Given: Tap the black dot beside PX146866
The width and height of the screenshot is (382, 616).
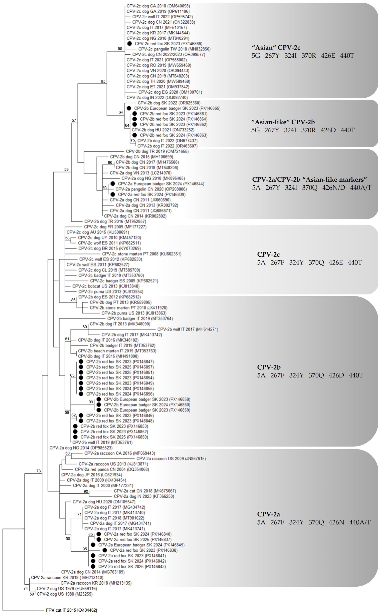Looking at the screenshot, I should [130, 44].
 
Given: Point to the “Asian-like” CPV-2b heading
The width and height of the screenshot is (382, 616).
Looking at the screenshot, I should [283, 122].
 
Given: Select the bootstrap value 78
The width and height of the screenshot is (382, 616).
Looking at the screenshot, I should [38, 471].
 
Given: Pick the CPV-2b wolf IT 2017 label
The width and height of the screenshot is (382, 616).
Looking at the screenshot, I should [188, 329].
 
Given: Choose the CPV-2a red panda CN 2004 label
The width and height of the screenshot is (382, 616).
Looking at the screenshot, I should [112, 469].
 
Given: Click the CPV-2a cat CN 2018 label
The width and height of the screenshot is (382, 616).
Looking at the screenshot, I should [145, 491].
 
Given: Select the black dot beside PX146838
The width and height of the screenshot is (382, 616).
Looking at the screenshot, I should [105, 550].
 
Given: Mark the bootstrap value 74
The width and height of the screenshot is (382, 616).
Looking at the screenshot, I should [26, 588].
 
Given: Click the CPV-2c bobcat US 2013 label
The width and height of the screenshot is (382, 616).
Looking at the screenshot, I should [106, 286].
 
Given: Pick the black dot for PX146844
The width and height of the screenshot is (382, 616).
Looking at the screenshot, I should [113, 184].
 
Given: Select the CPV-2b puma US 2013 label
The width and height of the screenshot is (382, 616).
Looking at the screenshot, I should [134, 313].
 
